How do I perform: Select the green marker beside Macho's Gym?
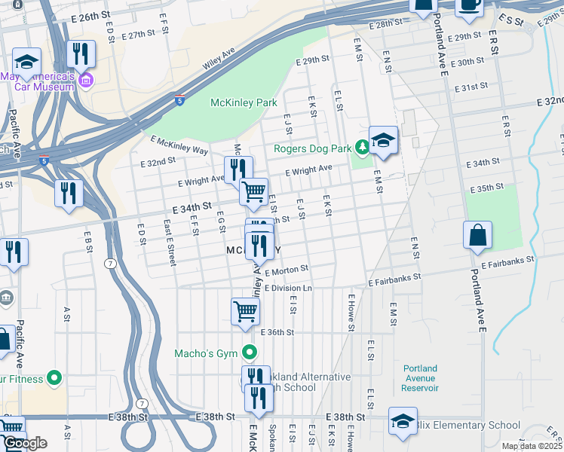click(x=250, y=353)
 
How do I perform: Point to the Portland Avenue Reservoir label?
click(x=420, y=378)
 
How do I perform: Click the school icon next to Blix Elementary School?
click(x=403, y=420)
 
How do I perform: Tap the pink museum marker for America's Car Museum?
click(x=84, y=80)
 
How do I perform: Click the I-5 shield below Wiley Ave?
click(x=179, y=99)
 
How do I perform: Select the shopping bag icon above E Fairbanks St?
click(x=478, y=235)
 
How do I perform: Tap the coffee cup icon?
click(x=469, y=5)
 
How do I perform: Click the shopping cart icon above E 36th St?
click(x=245, y=310)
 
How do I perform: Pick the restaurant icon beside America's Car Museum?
click(x=81, y=53)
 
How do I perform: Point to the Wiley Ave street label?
click(x=219, y=60)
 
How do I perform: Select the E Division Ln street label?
click(x=287, y=288)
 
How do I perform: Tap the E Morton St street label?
click(x=286, y=269)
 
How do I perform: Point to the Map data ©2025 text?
click(x=532, y=446)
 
